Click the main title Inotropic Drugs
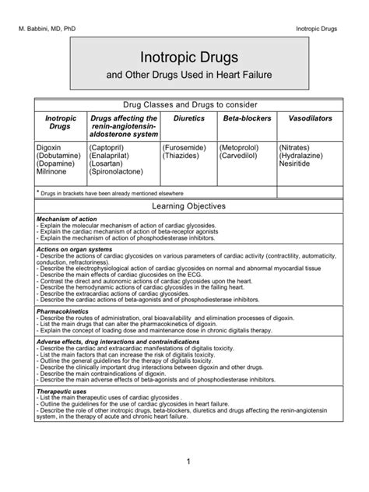[x=184, y=58]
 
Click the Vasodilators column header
[x=311, y=118]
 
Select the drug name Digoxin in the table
[x=50, y=146]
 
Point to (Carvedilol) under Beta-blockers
[x=241, y=155]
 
